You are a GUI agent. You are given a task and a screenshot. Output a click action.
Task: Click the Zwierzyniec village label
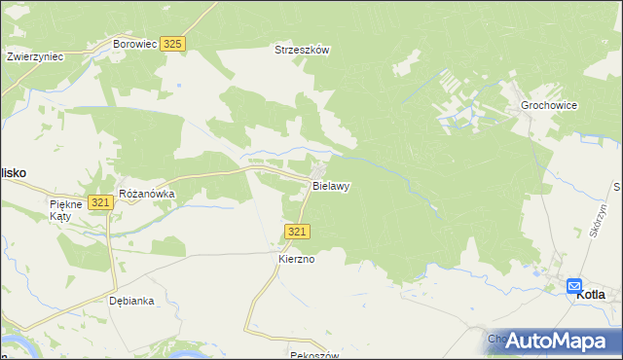coord(34,56)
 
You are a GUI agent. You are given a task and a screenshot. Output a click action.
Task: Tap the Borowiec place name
coord(134,45)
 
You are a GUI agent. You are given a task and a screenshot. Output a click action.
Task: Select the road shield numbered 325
coord(173,45)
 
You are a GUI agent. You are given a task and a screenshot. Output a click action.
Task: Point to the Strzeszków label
coord(303,51)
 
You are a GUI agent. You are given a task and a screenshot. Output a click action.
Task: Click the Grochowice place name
coord(550,104)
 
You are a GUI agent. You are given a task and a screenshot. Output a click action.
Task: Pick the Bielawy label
coord(331,185)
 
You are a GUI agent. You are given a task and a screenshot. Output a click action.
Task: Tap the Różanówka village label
coord(146,194)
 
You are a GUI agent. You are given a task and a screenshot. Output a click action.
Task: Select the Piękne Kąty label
coord(69,211)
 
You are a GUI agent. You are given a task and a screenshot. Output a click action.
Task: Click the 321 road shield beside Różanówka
coord(99,202)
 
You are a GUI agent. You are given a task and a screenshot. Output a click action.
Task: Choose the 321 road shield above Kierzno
coord(299,231)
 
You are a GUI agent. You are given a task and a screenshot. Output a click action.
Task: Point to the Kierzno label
coord(299,260)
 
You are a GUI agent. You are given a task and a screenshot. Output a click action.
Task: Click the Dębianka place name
coord(131,301)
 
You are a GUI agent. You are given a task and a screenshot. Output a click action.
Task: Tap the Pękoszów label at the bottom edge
coord(314,356)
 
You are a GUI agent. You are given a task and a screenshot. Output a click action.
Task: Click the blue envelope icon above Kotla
coord(574,285)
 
